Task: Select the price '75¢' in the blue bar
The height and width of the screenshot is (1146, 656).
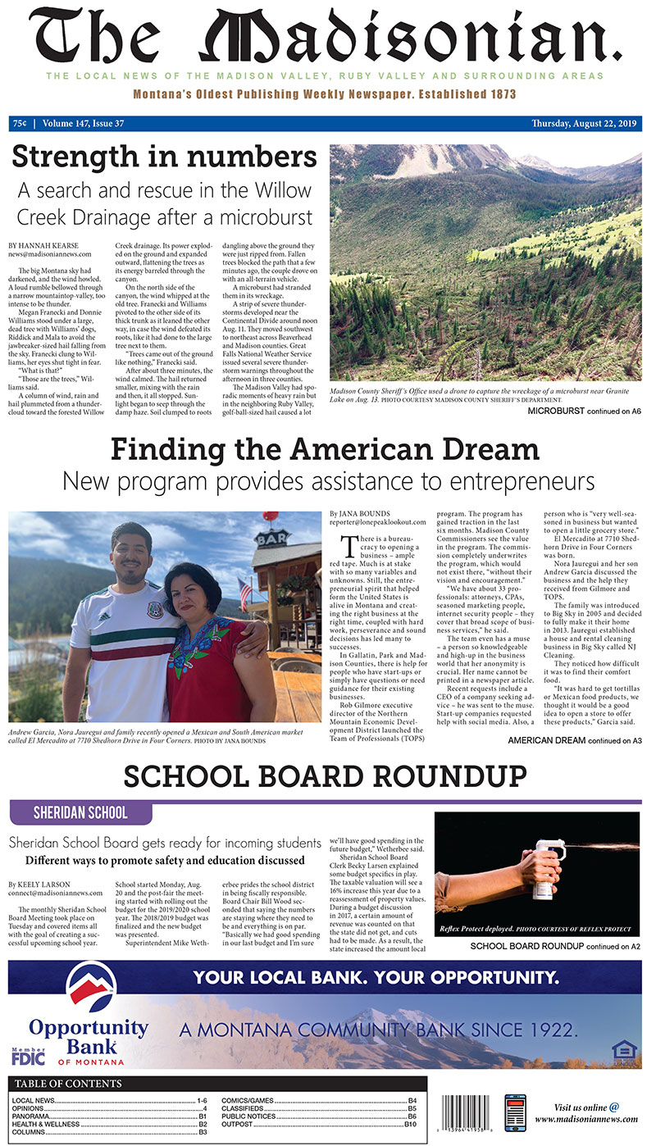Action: [x=19, y=124]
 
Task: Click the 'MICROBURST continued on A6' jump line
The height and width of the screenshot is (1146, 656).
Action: [x=584, y=410]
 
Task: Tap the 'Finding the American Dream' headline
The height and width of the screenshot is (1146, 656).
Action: [x=325, y=449]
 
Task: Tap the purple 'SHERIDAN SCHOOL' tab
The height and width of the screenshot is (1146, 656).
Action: [x=80, y=812]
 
